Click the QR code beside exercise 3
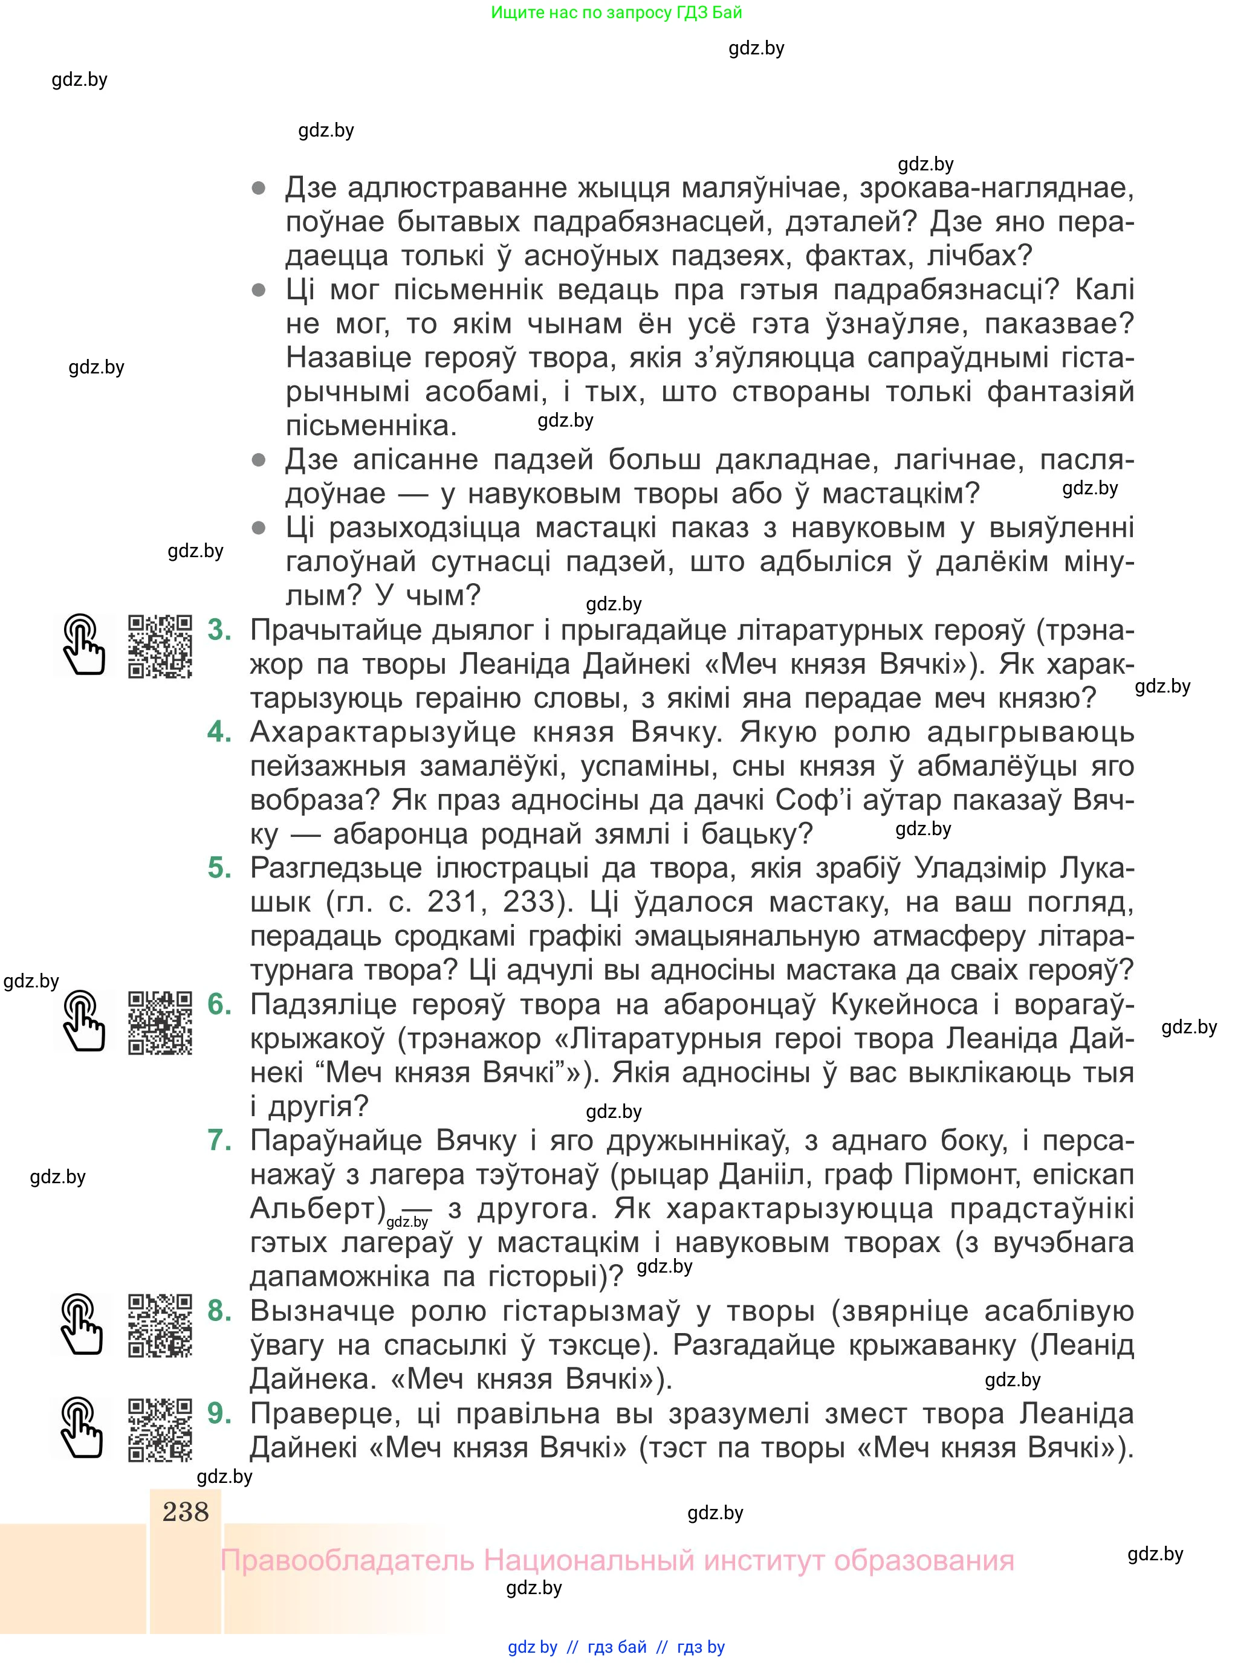[x=160, y=646]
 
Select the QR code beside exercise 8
[x=160, y=1325]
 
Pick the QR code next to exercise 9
[x=160, y=1429]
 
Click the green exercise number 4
[x=219, y=731]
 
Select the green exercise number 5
[x=219, y=868]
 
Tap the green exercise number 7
[x=219, y=1140]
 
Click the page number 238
[x=186, y=1511]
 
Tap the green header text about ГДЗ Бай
[x=617, y=12]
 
